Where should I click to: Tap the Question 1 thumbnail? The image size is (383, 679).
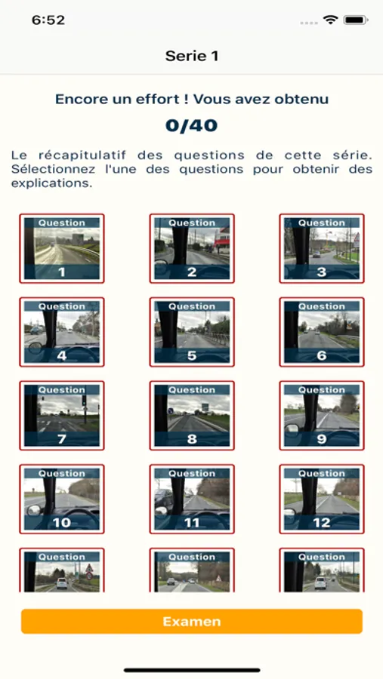62,248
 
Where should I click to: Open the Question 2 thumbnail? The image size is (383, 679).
192,248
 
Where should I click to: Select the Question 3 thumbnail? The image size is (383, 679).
322,248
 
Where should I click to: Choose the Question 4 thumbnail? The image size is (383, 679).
62,332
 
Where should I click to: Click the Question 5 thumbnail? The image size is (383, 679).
192,332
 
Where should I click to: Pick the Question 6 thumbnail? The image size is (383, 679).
322,332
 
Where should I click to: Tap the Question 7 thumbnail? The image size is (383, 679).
62,416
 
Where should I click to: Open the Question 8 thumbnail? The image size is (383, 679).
192,416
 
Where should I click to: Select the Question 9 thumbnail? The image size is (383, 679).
322,416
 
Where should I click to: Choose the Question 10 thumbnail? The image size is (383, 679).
62,499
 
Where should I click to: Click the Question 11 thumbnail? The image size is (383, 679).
192,499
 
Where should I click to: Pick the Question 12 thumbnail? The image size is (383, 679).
322,499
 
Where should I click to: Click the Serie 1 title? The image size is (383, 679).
192,56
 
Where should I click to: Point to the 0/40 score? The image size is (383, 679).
191,125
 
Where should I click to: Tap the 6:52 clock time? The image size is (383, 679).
48,20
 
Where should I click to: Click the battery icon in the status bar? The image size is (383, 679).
356,20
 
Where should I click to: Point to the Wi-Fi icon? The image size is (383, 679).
331,20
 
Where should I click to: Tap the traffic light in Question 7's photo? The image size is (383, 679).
84,401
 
